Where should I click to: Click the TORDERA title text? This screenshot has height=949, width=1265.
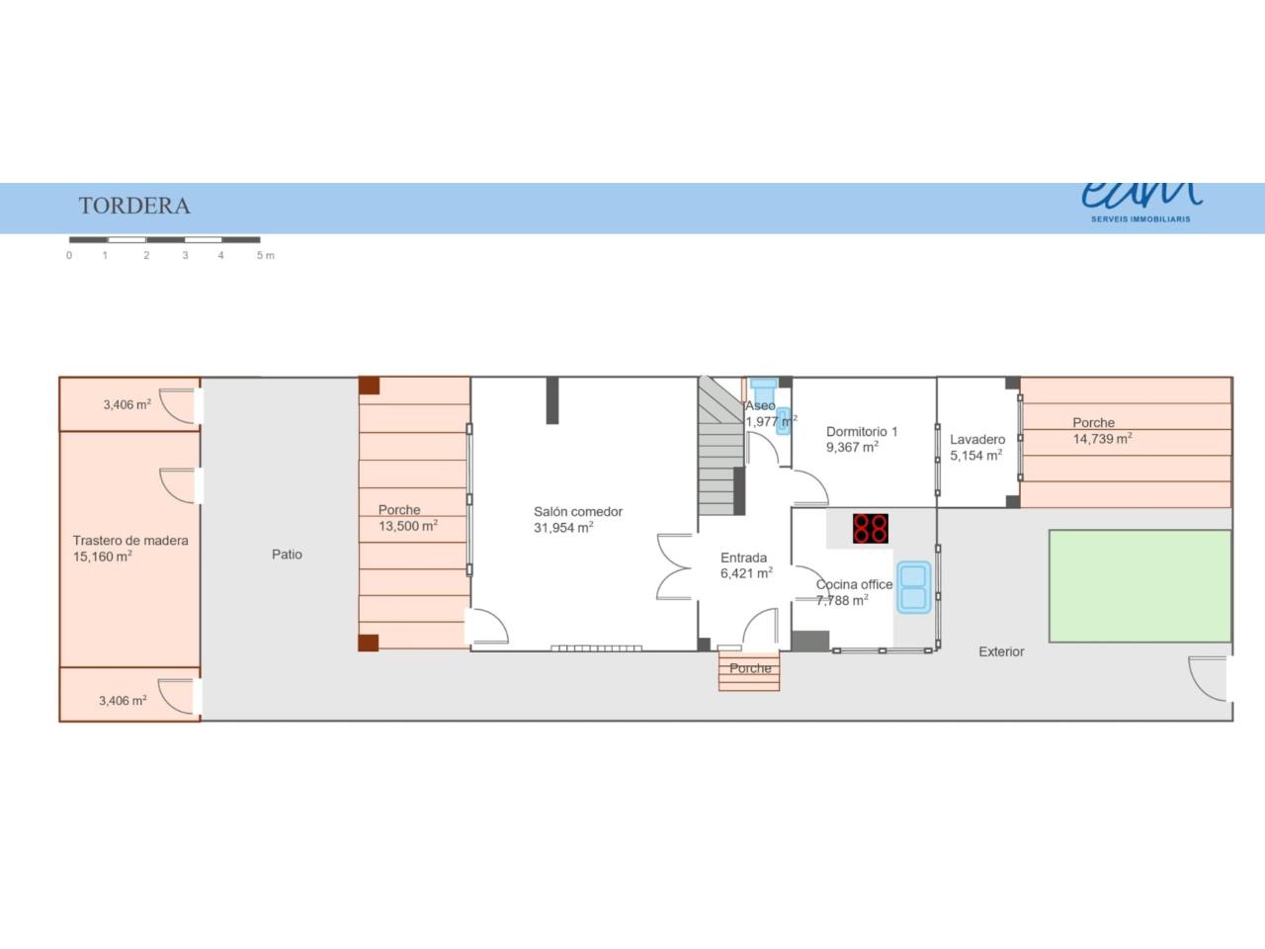coord(134,206)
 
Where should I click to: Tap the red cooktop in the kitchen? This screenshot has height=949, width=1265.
coord(871,528)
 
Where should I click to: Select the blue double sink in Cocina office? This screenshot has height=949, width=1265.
coord(913,586)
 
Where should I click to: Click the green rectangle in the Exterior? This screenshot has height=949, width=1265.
coord(1139,586)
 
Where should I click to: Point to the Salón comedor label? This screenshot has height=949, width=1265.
coord(578,512)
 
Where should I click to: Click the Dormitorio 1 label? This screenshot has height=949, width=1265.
coord(862,432)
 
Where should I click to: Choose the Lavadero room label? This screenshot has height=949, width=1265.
coord(977,440)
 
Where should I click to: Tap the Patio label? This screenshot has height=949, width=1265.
coord(287,555)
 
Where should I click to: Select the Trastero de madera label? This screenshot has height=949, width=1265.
coord(130,541)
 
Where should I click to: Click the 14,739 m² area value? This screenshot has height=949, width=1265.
coord(1103,439)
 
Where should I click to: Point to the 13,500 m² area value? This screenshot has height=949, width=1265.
coord(408,526)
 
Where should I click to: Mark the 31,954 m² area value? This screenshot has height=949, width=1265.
coord(563,527)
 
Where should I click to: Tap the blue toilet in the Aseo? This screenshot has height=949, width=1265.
coord(764,384)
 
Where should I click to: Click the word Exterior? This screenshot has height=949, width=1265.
coord(1001,651)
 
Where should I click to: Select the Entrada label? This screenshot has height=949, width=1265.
coord(743,558)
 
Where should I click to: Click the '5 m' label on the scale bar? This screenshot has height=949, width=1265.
coord(266,255)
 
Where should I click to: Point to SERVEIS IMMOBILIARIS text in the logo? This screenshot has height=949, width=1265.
coord(1140,218)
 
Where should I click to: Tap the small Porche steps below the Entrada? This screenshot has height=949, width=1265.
coord(749,670)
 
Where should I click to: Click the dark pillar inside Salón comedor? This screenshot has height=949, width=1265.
coord(552,400)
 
